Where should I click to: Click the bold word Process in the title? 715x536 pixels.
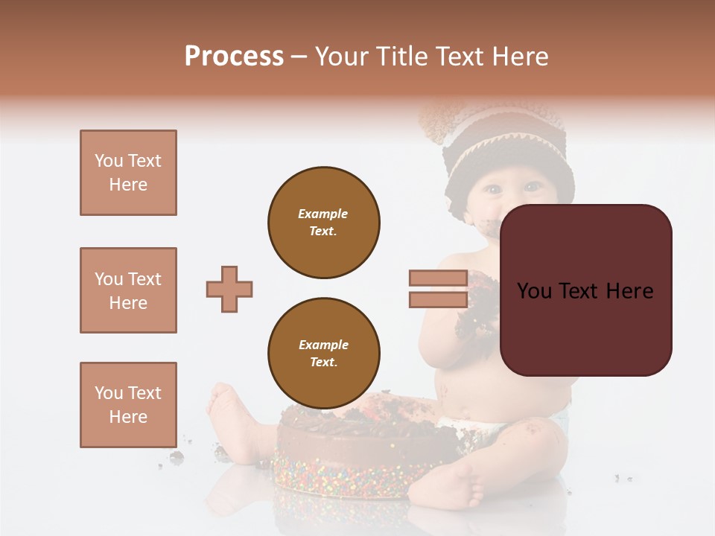coord(234,57)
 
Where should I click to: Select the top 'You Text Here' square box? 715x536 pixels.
coord(128,173)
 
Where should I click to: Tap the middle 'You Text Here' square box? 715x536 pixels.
coord(128,290)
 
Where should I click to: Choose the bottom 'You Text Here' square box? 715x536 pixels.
coord(128,404)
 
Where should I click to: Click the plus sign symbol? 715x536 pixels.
coord(229,289)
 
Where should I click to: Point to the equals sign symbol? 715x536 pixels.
coord(438,289)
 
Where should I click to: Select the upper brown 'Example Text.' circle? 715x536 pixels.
coord(323,222)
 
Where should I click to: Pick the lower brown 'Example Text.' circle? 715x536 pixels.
coord(323,353)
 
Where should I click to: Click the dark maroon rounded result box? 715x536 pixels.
coord(585,290)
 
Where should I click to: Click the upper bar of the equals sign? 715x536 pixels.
coord(438,278)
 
